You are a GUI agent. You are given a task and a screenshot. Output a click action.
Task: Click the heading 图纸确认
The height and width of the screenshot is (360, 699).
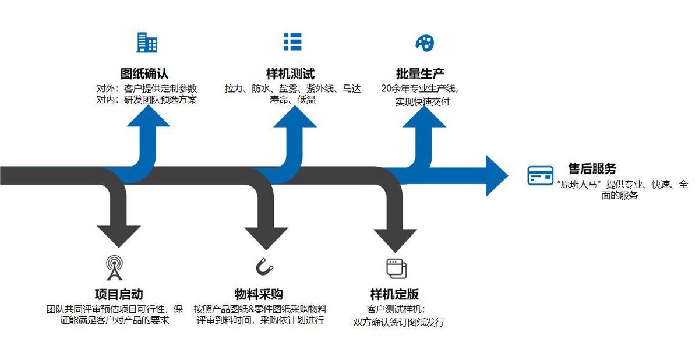coord(144,74)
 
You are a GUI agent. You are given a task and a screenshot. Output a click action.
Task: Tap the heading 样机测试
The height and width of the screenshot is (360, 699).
coord(290,74)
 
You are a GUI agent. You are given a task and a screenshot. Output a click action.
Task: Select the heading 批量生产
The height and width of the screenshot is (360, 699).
coord(420,74)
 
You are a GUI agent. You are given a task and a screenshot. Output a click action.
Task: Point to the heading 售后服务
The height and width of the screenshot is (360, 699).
coord(592,169)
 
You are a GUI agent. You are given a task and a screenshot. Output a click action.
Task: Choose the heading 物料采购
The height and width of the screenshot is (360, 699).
coord(259,294)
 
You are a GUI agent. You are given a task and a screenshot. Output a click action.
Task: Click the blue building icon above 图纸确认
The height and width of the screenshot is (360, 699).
coord(146,43)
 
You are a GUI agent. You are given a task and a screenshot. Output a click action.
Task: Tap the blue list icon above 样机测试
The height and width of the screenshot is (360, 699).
coord(292,42)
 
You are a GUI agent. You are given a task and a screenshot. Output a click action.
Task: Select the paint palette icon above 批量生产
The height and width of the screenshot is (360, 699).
coord(425,42)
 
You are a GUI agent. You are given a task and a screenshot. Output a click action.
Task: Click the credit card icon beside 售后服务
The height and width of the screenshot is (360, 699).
coord(541,175)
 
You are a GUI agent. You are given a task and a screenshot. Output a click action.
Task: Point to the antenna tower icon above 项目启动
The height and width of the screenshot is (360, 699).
coord(114,268)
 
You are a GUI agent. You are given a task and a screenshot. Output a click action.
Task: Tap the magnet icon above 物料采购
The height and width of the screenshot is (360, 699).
coord(264,267)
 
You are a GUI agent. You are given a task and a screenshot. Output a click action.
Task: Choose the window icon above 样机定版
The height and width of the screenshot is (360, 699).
coord(396,268)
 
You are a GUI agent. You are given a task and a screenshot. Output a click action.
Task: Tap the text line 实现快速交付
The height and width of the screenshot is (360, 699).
coord(422,101)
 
